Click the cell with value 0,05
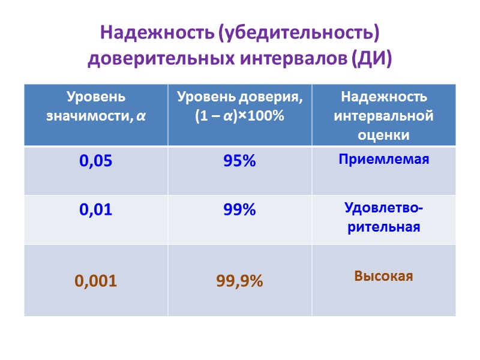click(x=96, y=161)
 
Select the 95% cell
click(x=240, y=161)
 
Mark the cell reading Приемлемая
click(x=383, y=160)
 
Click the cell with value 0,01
click(x=96, y=210)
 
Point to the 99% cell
click(x=240, y=210)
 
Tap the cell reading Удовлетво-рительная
click(x=383, y=217)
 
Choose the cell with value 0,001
click(x=96, y=280)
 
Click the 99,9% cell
click(x=240, y=280)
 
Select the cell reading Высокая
click(x=383, y=276)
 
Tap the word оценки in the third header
click(x=383, y=134)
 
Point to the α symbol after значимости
click(x=141, y=116)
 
